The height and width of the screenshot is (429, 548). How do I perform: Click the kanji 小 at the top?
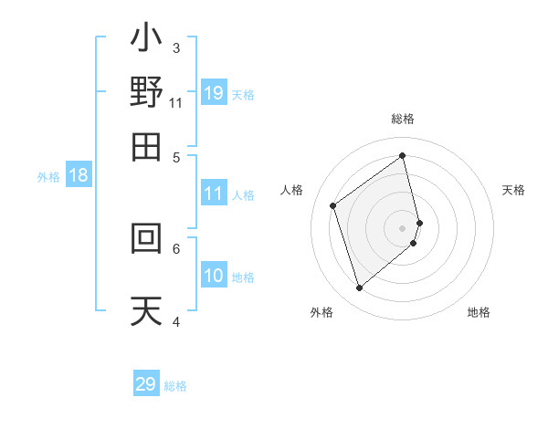[146, 39]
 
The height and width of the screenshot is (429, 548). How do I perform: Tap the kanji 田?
[146, 145]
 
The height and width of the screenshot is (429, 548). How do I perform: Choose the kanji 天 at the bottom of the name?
[146, 309]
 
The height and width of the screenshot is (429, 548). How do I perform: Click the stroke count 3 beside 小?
[176, 47]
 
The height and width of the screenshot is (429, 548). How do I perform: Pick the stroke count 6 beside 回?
[176, 247]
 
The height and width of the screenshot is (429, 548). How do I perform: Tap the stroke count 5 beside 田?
[176, 156]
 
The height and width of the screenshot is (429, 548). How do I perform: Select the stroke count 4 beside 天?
[176, 320]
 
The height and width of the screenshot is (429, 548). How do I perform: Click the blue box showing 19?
[214, 92]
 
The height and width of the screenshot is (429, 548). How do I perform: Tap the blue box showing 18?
[78, 175]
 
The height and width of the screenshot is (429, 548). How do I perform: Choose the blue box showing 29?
[146, 384]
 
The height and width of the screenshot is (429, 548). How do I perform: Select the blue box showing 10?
[214, 277]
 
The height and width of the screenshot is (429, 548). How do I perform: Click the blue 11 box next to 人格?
[214, 194]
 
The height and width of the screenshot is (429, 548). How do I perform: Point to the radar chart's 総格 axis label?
[403, 119]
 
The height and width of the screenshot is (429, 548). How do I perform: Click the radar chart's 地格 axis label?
[479, 312]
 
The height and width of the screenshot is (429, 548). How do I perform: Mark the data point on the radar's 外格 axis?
[359, 288]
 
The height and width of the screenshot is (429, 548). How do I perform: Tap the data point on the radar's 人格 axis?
[333, 206]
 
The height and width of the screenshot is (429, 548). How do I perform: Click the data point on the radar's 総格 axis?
[403, 156]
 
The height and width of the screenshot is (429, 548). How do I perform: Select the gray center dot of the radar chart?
[403, 227]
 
